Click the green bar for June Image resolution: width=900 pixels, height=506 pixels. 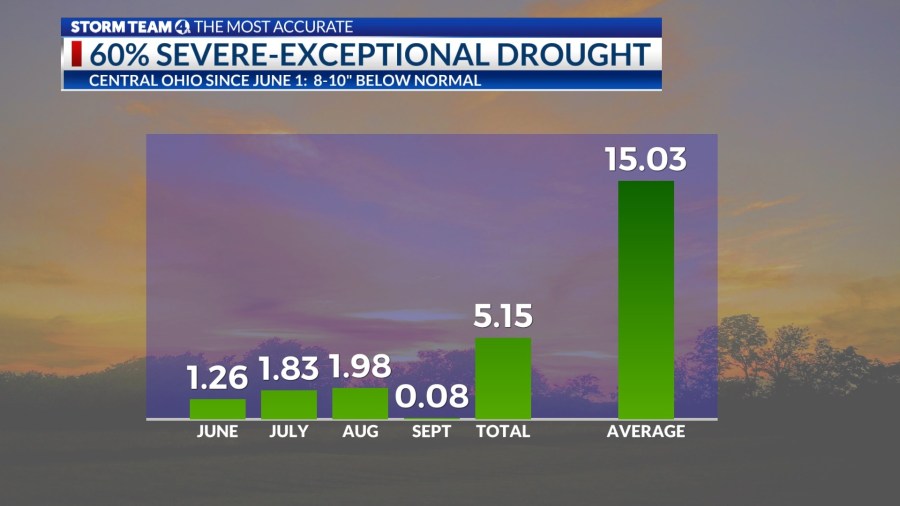pos(217,409)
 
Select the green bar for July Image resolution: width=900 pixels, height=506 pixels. pos(288,404)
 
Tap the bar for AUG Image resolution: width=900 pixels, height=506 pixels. pos(360,403)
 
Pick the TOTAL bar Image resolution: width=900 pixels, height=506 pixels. pos(503,378)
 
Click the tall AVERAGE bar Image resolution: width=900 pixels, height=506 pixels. pos(646,300)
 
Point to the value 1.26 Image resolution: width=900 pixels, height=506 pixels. pos(217,379)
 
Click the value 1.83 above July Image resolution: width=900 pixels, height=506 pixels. pos(288,370)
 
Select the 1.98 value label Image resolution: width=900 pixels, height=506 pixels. pos(360,367)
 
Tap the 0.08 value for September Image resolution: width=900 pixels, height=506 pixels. pos(432,397)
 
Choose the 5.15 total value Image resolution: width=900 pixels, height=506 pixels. pos(503,317)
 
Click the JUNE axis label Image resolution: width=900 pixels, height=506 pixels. pos(217,432)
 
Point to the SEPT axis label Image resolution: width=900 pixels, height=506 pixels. pos(432,432)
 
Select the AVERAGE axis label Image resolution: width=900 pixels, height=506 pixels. pos(646,432)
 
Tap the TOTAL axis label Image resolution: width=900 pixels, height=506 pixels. pos(503,432)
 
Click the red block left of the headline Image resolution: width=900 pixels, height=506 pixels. pos(77,54)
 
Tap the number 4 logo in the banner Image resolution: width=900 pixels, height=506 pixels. pos(182,27)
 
